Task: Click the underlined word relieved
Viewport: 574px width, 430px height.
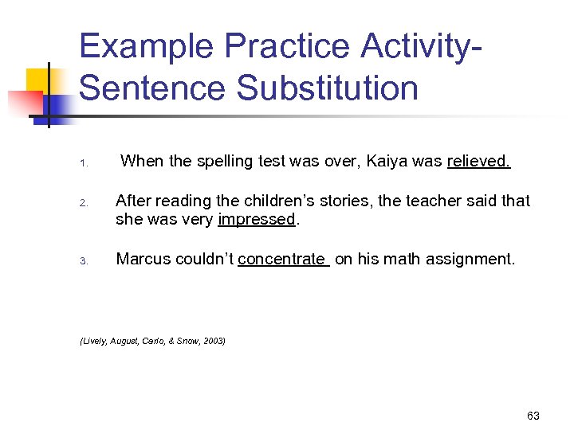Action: [478, 162]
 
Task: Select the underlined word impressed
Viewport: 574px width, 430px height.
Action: [257, 220]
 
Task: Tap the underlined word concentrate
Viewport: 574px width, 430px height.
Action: [281, 259]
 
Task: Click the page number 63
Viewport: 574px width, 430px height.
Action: [533, 416]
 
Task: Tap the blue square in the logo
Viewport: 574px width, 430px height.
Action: [59, 105]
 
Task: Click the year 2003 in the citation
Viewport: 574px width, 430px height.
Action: [214, 341]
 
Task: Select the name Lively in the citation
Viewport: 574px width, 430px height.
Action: [93, 341]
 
